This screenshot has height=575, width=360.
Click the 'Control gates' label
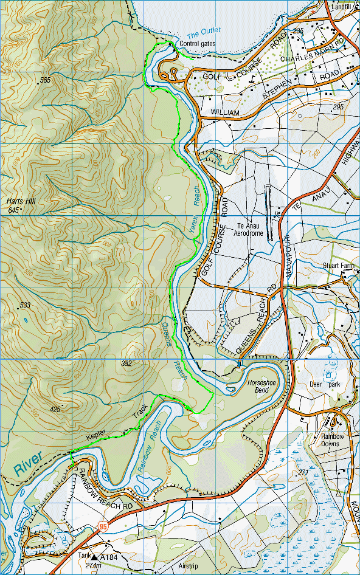197,44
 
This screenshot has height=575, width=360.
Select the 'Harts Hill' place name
19,201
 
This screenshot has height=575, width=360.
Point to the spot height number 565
45,80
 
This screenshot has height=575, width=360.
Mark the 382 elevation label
126,363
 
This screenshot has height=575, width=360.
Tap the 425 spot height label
55,409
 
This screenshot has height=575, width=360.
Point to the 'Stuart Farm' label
340,266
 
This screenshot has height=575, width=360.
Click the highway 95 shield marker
103,528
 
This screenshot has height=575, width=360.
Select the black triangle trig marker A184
95,556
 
